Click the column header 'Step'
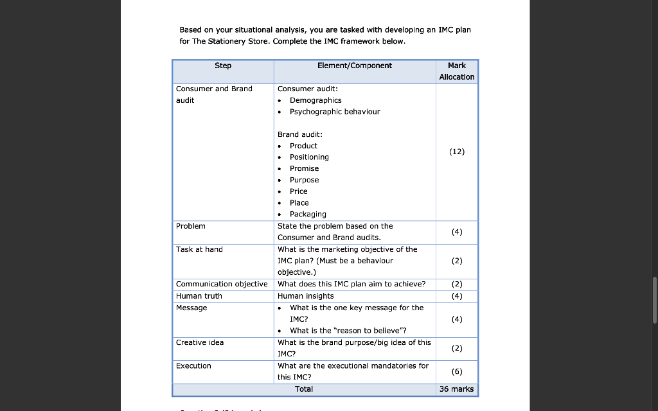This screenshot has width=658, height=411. pyautogui.click(x=223, y=66)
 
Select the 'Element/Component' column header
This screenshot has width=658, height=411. pyautogui.click(x=354, y=66)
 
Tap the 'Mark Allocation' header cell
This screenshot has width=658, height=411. pyautogui.click(x=457, y=71)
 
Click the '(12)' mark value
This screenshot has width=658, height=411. pyautogui.click(x=457, y=152)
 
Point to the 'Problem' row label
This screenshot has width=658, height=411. pyautogui.click(x=191, y=226)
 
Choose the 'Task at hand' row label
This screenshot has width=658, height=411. pyautogui.click(x=199, y=249)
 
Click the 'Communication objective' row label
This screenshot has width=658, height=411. pyautogui.click(x=222, y=284)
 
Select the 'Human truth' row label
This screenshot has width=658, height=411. pyautogui.click(x=199, y=296)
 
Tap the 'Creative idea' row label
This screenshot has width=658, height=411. pyautogui.click(x=200, y=342)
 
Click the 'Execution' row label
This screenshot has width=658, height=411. pyautogui.click(x=193, y=365)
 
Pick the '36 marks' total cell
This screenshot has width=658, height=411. pyautogui.click(x=457, y=389)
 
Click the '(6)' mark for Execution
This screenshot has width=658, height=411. pyautogui.click(x=457, y=371)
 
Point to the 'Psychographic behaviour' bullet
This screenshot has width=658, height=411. pyautogui.click(x=335, y=112)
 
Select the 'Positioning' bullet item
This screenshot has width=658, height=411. pyautogui.click(x=309, y=157)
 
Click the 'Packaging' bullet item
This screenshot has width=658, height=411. pyautogui.click(x=308, y=214)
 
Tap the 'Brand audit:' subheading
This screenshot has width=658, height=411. pyautogui.click(x=300, y=134)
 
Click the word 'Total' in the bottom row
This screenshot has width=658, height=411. pyautogui.click(x=304, y=389)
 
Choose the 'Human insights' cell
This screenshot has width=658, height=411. pyautogui.click(x=306, y=296)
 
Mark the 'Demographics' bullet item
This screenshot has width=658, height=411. pyautogui.click(x=316, y=100)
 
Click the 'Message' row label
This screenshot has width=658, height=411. pyautogui.click(x=191, y=308)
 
